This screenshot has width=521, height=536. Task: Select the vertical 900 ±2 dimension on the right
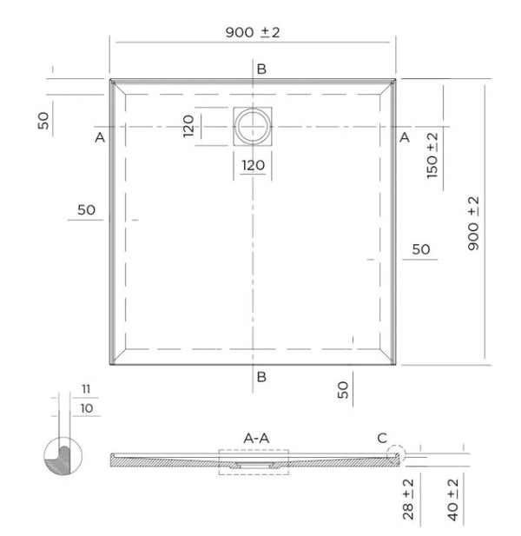pyautogui.click(x=473, y=223)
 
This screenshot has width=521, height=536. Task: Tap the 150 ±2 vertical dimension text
pyautogui.click(x=431, y=154)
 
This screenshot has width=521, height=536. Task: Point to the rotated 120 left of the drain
pyautogui.click(x=188, y=127)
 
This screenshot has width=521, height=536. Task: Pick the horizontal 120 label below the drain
pyautogui.click(x=253, y=165)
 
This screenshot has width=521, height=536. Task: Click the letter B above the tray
pyautogui.click(x=260, y=69)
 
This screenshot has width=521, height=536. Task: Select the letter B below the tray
pyautogui.click(x=260, y=376)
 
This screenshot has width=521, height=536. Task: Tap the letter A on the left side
pyautogui.click(x=100, y=137)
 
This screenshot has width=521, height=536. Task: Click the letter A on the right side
pyautogui.click(x=404, y=137)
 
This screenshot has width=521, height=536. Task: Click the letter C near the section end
pyautogui.click(x=382, y=438)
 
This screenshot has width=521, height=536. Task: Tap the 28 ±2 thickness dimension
pyautogui.click(x=408, y=500)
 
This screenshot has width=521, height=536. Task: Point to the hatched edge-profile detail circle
pyautogui.click(x=63, y=456)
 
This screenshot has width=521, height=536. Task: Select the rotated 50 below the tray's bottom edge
pyautogui.click(x=344, y=391)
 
